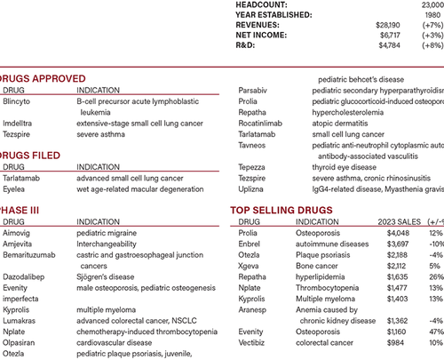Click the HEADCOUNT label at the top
(264, 5)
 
